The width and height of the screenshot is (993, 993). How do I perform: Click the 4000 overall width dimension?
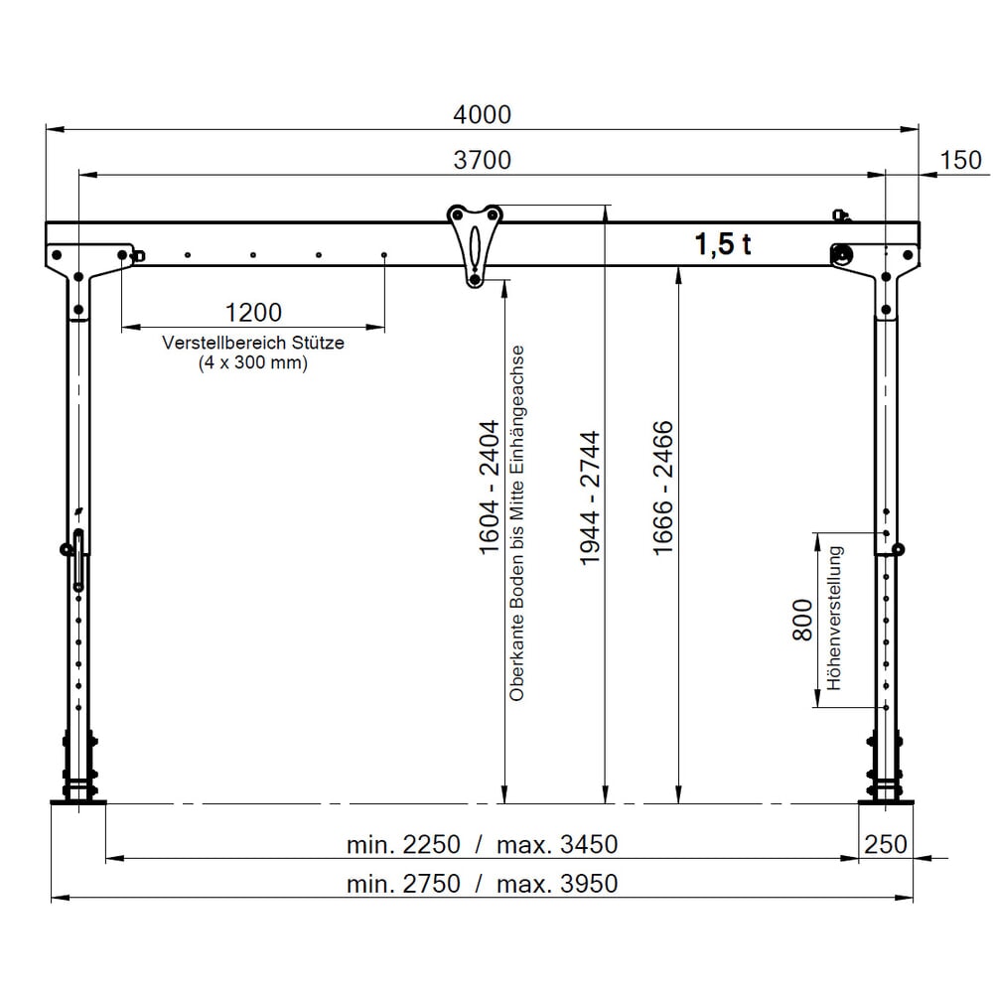point(482,114)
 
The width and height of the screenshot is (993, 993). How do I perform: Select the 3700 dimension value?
point(482,160)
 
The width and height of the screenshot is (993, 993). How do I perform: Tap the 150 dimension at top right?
point(960,160)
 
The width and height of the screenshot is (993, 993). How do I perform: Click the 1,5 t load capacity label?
point(722,244)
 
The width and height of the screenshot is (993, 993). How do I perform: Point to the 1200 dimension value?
point(253,313)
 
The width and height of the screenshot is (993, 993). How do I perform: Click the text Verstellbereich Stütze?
point(253,343)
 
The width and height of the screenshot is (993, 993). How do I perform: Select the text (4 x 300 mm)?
point(253,363)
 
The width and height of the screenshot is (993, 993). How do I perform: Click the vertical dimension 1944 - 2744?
point(590,496)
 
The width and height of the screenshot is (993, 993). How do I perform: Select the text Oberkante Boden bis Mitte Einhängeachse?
point(516,523)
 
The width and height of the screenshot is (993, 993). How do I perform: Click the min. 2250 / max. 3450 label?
point(482,845)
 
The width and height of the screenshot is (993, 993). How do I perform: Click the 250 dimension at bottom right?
point(886,844)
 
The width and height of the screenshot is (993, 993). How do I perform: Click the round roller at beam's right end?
point(842,255)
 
